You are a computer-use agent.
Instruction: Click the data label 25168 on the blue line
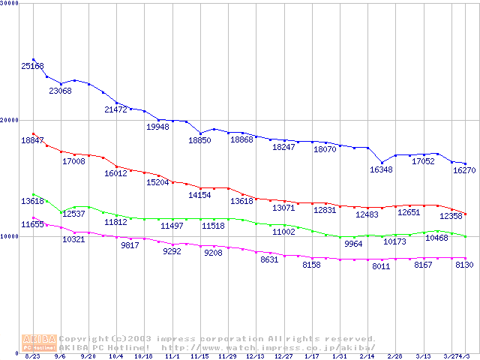pos(33,67)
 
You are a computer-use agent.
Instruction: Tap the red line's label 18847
pos(33,140)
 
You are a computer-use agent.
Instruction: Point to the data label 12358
pos(451,216)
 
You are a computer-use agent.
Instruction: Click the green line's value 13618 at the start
pos(33,201)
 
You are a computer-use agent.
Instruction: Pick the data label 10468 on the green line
pos(437,238)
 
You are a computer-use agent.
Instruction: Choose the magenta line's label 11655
pos(33,224)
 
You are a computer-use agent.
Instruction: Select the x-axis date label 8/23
pos(32,356)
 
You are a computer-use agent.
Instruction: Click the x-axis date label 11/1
pos(172,356)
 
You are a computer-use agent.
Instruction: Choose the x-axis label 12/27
pos(283,356)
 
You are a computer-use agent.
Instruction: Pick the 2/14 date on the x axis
pos(367,356)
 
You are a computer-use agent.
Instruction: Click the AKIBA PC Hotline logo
pos(40,343)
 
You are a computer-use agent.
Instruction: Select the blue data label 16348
pos(382,170)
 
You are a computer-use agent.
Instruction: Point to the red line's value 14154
pos(200,195)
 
